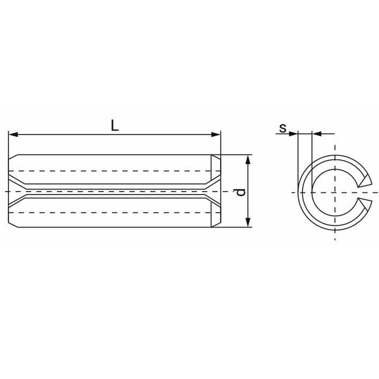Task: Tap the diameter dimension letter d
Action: click(x=241, y=191)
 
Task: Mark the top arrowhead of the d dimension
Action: click(x=248, y=159)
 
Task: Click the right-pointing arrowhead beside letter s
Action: click(x=294, y=133)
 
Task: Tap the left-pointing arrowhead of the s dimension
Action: click(x=316, y=133)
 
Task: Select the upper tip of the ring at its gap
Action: click(x=366, y=181)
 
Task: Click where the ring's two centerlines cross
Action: click(x=335, y=192)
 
